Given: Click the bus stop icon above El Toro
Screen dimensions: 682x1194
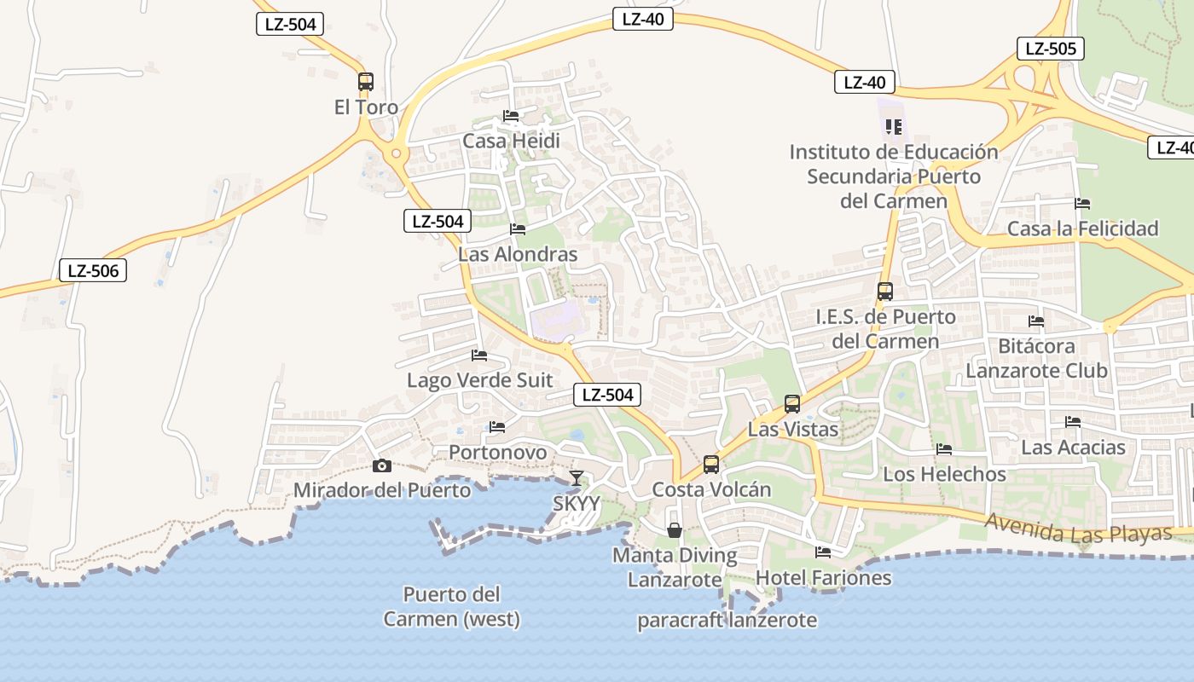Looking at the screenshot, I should [366, 82].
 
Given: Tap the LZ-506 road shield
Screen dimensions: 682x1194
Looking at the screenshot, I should [93, 271].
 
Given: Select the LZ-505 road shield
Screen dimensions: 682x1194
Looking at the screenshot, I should [1051, 49].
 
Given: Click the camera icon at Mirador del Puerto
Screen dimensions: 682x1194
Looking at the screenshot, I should [382, 465].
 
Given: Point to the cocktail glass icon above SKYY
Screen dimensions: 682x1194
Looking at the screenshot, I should [577, 478].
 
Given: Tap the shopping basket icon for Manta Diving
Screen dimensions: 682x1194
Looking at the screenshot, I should [675, 530].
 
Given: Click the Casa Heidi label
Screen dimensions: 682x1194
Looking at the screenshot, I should [511, 141].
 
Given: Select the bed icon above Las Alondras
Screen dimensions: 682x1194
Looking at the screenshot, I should [518, 229].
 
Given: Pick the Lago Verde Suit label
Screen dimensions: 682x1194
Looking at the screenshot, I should [480, 380].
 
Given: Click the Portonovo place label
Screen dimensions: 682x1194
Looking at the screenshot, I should [498, 452].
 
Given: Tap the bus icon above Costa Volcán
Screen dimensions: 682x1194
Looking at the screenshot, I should [711, 465].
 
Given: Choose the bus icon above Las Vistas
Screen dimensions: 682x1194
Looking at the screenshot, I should [792, 404].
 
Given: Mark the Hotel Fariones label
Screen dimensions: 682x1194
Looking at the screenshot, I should [823, 578].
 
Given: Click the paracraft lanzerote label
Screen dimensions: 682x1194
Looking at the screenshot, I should [727, 620].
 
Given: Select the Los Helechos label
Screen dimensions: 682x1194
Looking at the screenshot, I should [944, 474].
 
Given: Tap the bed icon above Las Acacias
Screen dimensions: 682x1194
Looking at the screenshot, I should [1073, 422].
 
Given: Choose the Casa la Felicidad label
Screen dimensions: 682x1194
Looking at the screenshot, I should [1083, 228].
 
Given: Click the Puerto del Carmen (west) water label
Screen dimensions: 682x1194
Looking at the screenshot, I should [451, 606].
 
